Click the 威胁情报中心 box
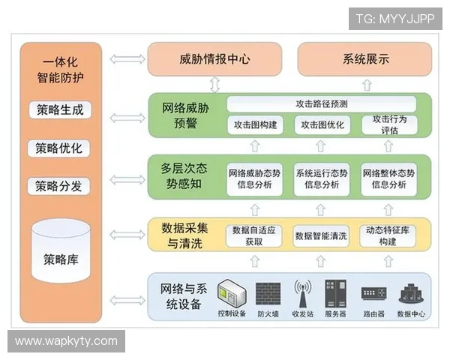214,59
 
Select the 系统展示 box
365,59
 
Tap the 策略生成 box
60,110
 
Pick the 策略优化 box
60,148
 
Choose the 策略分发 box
60,185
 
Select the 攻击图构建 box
256,124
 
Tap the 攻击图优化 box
320,124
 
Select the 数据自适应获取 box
256,235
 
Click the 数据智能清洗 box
320,235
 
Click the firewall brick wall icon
268,293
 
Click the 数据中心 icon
411,293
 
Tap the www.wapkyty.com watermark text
66,341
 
